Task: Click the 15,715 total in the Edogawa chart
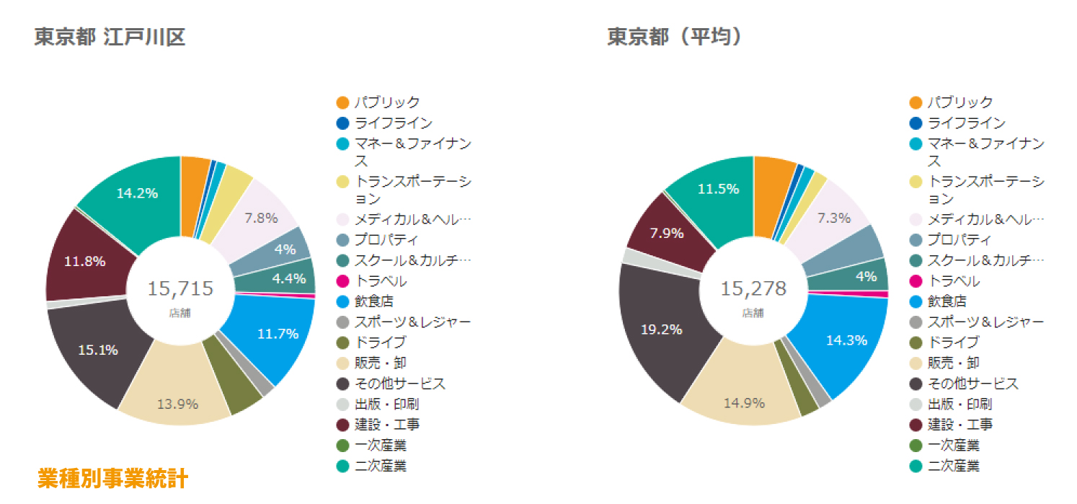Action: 180,289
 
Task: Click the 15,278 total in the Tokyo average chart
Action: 753,289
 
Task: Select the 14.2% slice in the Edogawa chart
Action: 137,193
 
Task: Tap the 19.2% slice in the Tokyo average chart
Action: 662,330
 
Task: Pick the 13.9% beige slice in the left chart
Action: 177,403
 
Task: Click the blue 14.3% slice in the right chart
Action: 846,340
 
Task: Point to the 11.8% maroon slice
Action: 85,261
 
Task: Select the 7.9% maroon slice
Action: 662,234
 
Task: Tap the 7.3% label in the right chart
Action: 833,218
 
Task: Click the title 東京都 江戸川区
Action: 110,37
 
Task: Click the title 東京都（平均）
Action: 675,37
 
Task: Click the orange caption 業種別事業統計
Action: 113,478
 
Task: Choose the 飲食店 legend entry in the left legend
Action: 373,301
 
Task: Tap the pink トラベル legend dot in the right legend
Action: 916,281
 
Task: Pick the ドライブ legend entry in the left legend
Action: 380,342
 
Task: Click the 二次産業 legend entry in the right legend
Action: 954,466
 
